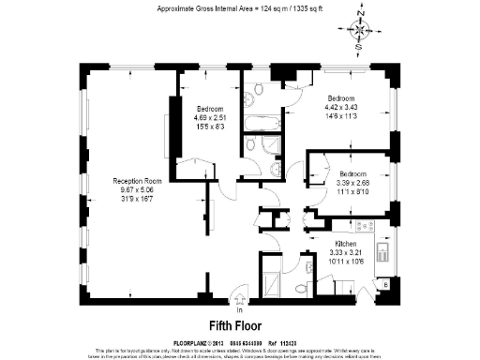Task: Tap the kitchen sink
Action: (382, 253)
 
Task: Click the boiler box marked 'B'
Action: (386, 283)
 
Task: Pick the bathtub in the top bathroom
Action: (256, 122)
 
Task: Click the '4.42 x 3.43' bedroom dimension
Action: (340, 108)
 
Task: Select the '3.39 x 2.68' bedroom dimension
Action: (353, 182)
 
